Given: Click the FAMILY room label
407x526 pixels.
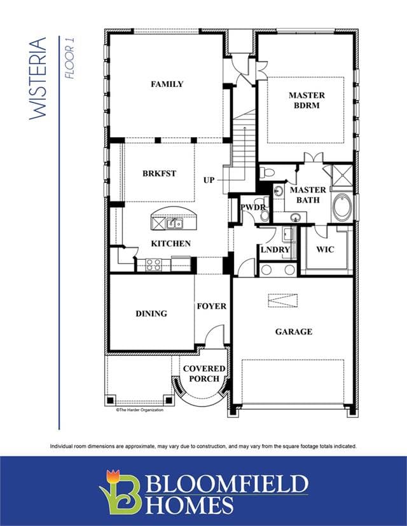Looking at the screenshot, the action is [167, 84].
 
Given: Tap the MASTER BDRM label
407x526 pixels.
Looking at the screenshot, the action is [307, 100].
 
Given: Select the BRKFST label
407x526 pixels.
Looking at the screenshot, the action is [159, 173].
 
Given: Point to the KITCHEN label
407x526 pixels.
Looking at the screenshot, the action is [170, 243].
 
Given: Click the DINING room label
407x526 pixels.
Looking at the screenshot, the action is [151, 314].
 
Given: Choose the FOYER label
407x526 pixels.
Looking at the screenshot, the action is [212, 306].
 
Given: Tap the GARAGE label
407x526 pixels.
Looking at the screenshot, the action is [294, 332].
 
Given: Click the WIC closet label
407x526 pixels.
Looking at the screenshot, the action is [325, 250].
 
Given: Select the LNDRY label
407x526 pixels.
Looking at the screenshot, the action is [275, 250].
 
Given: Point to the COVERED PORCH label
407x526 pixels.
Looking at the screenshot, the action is [204, 374].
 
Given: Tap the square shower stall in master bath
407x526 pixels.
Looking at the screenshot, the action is [342, 175].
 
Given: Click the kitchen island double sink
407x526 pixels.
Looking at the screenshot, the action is [175, 223].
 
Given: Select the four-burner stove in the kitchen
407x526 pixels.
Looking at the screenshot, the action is [153, 265].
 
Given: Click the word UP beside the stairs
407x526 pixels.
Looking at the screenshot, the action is [209, 180].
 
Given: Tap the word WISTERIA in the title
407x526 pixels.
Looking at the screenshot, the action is [38, 78].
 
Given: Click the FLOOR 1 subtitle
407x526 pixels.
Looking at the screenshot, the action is [70, 58].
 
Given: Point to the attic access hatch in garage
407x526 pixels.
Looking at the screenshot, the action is [283, 300].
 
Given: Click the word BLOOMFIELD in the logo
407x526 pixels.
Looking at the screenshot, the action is [227, 483].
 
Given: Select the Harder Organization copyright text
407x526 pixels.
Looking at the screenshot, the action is [140, 410].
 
